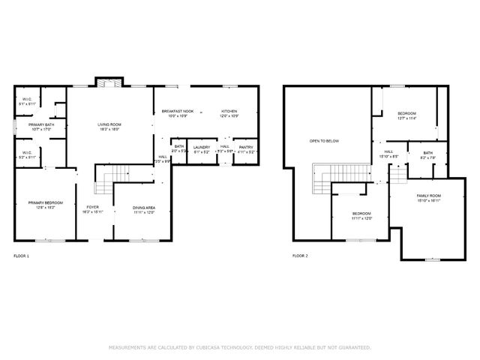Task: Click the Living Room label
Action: (109, 124)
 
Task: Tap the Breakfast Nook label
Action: (178, 111)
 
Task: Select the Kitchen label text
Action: (229, 111)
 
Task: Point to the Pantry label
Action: (246, 147)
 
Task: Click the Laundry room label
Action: (201, 147)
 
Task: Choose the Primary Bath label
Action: (40, 124)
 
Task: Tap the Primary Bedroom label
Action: (46, 203)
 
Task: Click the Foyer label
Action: (92, 207)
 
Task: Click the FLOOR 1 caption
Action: (22, 256)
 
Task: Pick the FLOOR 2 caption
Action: (300, 256)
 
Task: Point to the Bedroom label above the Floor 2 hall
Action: (406, 113)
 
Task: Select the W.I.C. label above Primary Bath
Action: (25, 99)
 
